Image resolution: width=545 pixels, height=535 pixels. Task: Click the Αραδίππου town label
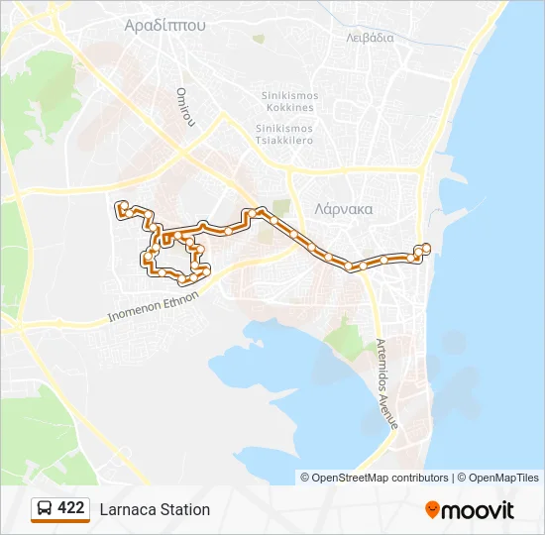click(x=165, y=27)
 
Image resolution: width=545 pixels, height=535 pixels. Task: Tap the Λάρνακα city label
click(x=343, y=209)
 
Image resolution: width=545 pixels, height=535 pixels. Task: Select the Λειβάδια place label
click(x=371, y=38)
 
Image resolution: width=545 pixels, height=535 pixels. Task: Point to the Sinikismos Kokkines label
click(x=289, y=101)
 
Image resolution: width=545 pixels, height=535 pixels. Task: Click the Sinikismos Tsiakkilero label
click(x=284, y=134)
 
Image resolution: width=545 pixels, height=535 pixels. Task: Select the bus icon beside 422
click(x=45, y=509)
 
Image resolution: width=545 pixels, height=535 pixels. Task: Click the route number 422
click(x=71, y=508)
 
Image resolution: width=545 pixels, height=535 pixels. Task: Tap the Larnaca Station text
click(x=155, y=509)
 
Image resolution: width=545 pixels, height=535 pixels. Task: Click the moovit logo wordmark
click(x=479, y=510)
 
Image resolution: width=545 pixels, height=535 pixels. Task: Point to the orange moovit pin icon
click(x=432, y=509)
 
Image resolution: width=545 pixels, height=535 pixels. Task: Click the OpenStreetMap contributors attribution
click(x=374, y=478)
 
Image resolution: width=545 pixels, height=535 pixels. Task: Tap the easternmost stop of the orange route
click(x=426, y=248)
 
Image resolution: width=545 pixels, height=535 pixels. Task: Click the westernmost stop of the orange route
click(x=121, y=206)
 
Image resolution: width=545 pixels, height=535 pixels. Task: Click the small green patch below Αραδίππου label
click(x=259, y=40)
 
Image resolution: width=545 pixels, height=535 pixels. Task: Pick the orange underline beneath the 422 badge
click(x=60, y=522)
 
